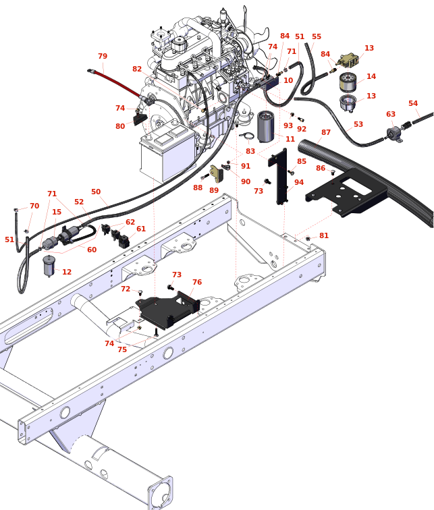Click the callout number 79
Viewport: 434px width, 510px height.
click(103, 57)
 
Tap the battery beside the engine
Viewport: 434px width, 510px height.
click(167, 153)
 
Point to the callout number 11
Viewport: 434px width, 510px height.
click(290, 139)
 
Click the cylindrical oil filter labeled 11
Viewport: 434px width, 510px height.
click(266, 126)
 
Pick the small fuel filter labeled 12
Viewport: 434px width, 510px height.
click(48, 266)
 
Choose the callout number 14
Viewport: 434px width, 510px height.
click(371, 77)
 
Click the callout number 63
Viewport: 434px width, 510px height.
click(391, 115)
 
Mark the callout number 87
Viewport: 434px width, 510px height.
click(326, 133)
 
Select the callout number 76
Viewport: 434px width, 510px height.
click(196, 282)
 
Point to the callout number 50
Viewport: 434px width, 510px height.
click(96, 192)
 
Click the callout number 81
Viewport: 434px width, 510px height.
click(324, 235)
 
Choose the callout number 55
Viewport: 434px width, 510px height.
click(317, 37)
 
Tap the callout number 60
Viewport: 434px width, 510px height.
click(92, 250)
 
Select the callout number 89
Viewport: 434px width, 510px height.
click(213, 190)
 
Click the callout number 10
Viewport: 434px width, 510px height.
click(288, 80)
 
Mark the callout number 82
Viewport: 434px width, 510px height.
click(137, 69)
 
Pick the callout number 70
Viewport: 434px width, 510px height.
click(34, 206)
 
